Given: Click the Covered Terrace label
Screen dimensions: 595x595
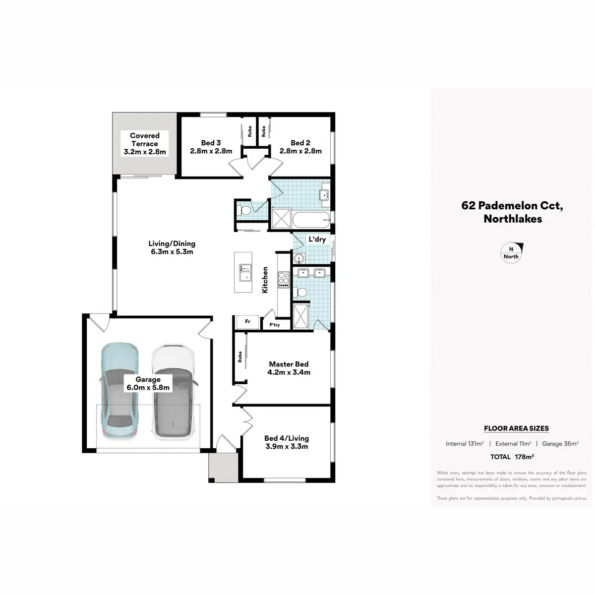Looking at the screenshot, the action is coord(144,143).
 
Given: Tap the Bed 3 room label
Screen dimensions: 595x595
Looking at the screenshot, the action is coord(211,147).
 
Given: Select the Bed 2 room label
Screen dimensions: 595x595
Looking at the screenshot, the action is coord(300,147).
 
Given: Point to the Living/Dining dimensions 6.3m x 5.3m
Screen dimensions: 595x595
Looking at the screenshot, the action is coord(172,252).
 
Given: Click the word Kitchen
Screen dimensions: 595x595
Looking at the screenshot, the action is coord(265,280).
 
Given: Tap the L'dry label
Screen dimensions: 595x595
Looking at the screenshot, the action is coord(317,239).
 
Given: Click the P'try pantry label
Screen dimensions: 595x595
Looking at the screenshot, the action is coord(274,325).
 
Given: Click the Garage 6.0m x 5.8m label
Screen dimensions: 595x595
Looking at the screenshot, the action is coord(147,383).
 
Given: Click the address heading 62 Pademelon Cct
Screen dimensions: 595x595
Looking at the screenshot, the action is coord(512,205).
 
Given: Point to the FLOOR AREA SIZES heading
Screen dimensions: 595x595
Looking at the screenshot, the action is coord(516,428).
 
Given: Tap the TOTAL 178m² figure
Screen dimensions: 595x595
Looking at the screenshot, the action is coord(512,457).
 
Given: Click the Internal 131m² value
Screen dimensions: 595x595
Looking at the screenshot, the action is coord(465,444).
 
